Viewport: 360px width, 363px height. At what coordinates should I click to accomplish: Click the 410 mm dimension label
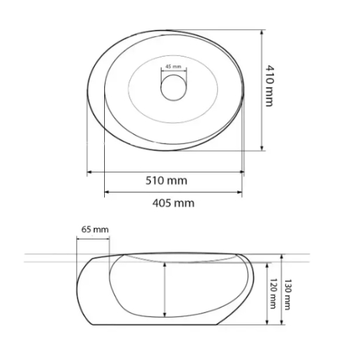[x=270, y=86]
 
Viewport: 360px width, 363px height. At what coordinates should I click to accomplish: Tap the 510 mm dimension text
[x=166, y=181]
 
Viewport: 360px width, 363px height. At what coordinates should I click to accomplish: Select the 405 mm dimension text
[x=173, y=203]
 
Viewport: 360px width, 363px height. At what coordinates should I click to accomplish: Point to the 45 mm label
[x=173, y=66]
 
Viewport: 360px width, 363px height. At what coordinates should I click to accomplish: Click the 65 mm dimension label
[x=95, y=230]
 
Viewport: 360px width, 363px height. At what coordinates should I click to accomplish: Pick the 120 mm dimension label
[x=273, y=293]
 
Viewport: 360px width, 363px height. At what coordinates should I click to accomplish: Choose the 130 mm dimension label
[x=287, y=295]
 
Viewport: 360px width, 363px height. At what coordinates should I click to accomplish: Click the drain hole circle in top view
[x=173, y=88]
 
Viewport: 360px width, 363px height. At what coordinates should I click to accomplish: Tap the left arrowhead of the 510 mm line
[x=89, y=172]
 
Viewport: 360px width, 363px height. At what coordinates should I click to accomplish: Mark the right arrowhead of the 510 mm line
[x=242, y=172]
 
